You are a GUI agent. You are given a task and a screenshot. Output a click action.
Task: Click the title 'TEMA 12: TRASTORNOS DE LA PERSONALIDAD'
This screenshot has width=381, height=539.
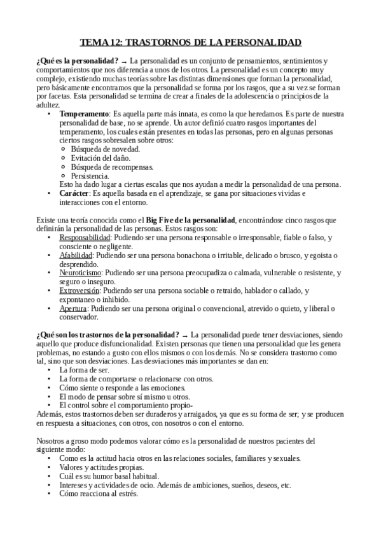(190, 43)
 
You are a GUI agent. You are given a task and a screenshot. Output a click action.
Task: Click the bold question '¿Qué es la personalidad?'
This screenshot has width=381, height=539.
(78, 60)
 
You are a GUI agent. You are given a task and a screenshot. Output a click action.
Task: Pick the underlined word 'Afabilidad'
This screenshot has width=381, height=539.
(76, 255)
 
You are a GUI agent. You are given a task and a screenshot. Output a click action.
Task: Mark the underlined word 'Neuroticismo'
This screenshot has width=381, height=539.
(81, 273)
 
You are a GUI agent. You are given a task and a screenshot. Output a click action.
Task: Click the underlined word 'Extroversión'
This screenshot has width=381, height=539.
(80, 290)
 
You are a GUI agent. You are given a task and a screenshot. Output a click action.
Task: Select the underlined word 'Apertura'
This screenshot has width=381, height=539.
(73, 308)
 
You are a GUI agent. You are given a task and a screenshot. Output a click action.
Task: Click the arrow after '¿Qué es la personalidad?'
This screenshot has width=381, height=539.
(131, 60)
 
